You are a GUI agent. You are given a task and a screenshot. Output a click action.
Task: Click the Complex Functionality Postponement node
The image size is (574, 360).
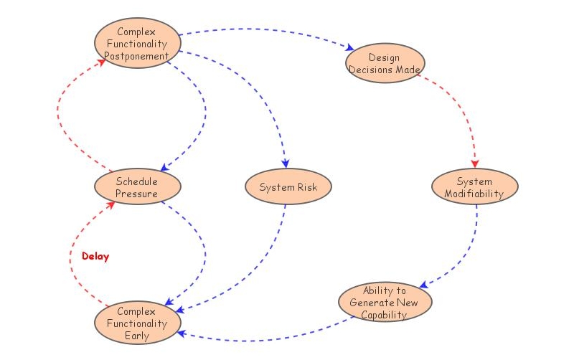point(136,44)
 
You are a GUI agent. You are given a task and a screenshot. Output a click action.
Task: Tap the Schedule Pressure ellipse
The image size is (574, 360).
point(136,187)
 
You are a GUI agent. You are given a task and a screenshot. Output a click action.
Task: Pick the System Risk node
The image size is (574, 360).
point(287,187)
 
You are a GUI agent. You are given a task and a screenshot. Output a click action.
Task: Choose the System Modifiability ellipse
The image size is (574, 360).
point(474,187)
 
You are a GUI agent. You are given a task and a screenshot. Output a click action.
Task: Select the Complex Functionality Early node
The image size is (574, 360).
point(136,323)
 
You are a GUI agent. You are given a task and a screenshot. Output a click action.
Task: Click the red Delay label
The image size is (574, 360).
point(95,256)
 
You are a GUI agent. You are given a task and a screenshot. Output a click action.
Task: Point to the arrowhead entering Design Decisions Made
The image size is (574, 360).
point(350,49)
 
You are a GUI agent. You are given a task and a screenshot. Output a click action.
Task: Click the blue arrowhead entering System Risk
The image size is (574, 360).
point(286,163)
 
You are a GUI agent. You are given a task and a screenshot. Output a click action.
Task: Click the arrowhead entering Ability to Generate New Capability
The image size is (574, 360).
point(424,285)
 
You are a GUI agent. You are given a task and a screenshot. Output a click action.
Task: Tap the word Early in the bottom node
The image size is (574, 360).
point(136,336)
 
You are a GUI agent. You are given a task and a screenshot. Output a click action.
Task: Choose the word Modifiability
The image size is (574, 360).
point(474,194)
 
